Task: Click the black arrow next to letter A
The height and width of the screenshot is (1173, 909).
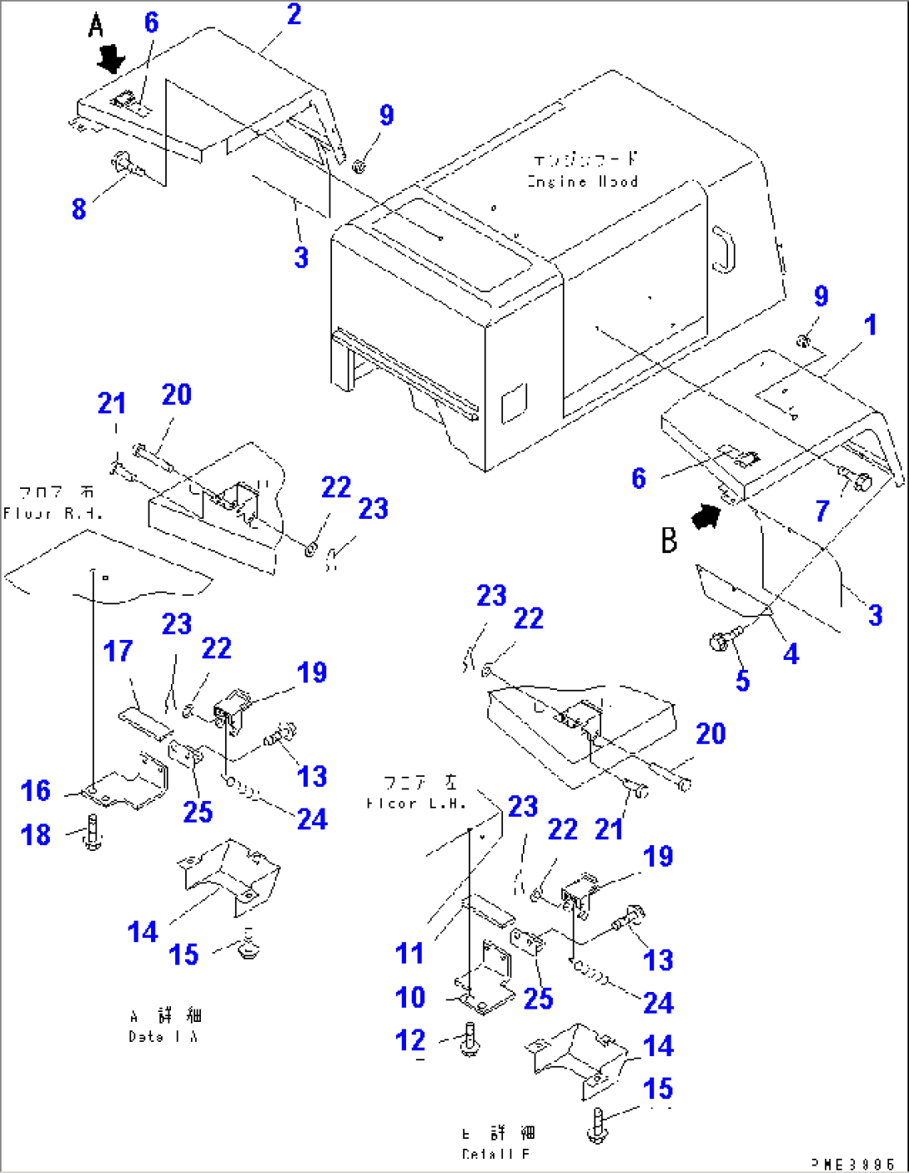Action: click(x=110, y=59)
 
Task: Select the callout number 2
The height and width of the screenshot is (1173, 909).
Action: click(x=294, y=14)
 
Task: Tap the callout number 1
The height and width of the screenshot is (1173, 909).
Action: click(x=870, y=325)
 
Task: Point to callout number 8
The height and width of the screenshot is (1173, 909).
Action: click(x=78, y=208)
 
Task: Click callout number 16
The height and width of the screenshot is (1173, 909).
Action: click(x=36, y=790)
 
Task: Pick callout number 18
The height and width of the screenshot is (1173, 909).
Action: click(x=36, y=834)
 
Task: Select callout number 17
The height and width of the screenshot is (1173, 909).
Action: click(x=118, y=651)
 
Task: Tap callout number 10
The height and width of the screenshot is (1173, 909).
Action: click(x=410, y=997)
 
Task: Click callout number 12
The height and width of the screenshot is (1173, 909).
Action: click(x=410, y=1040)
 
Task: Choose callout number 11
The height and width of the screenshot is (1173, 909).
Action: click(x=409, y=953)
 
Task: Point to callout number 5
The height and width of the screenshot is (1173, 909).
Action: click(x=742, y=680)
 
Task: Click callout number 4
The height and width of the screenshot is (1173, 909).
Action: click(x=791, y=653)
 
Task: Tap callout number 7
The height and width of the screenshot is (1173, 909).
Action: click(x=822, y=511)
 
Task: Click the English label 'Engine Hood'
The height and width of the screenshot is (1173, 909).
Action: click(x=583, y=181)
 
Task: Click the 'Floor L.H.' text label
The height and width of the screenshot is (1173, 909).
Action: click(x=414, y=803)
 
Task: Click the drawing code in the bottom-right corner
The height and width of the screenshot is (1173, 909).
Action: click(x=852, y=1163)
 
